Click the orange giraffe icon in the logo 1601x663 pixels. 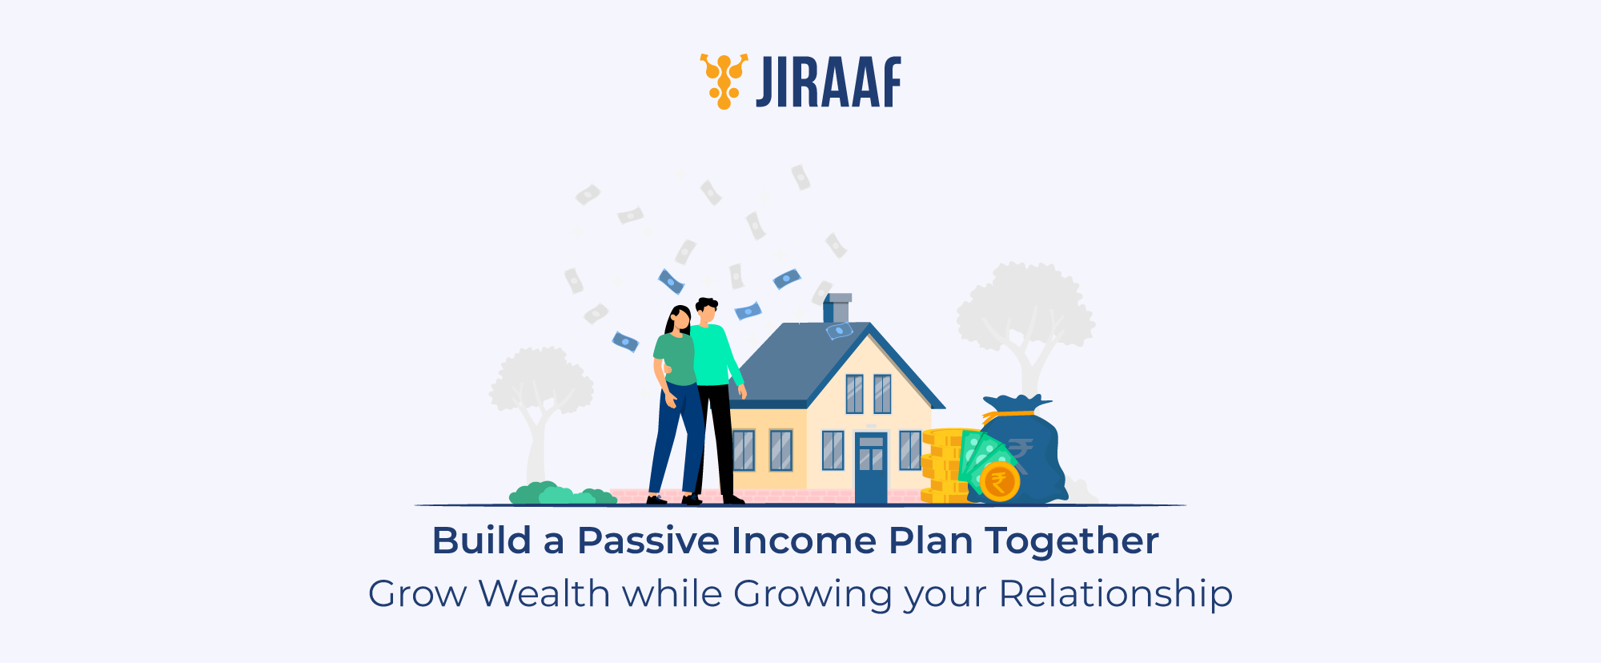pos(724,81)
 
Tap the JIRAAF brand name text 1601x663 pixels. pos(829,82)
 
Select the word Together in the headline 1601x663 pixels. pos(1072,541)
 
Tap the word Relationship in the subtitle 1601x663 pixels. pos(1115,594)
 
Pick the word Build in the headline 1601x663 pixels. pos(481,541)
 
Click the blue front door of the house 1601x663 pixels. pos(871,468)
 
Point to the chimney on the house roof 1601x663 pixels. pos(837,307)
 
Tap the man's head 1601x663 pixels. pos(706,311)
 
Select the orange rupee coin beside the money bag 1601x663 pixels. pos(999,482)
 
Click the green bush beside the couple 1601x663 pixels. pos(560,494)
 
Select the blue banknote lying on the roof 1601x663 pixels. pos(839,330)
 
